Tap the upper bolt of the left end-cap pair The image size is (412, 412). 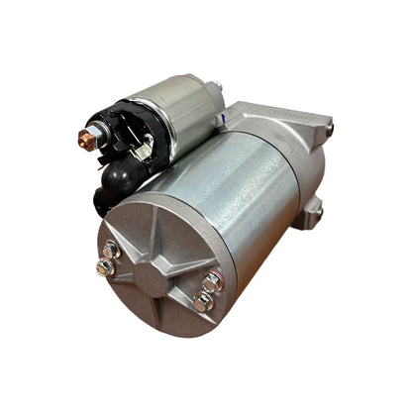coord(112,249)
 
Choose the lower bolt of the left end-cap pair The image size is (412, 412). coord(104,266)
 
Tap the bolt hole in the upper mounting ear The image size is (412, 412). coord(328,128)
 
